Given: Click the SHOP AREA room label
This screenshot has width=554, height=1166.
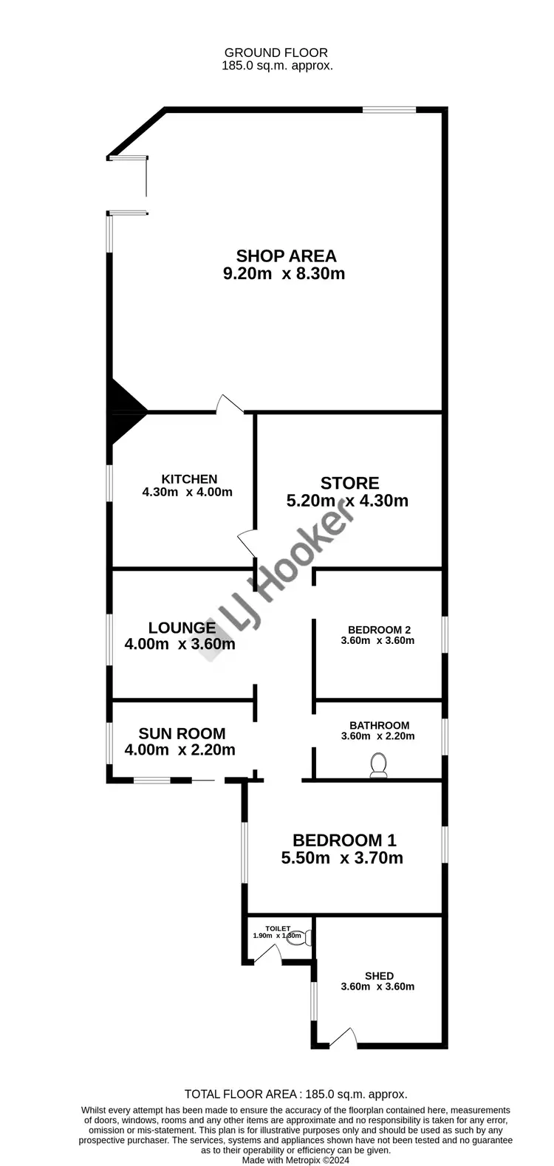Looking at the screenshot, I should pyautogui.click(x=286, y=256).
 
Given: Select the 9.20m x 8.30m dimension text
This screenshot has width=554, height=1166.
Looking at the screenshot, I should pyautogui.click(x=284, y=274).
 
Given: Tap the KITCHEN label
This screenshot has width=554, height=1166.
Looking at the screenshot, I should pyautogui.click(x=189, y=479).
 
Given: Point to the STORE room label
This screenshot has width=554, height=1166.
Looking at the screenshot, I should pyautogui.click(x=349, y=483).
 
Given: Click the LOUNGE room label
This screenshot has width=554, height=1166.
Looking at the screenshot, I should pyautogui.click(x=182, y=628).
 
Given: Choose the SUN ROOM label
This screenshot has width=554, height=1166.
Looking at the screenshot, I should pyautogui.click(x=182, y=733).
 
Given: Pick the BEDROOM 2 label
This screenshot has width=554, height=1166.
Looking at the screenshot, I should pyautogui.click(x=379, y=630).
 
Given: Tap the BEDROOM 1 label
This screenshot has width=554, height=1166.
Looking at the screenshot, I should pyautogui.click(x=344, y=840).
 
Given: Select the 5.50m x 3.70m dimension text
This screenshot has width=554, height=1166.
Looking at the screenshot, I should pyautogui.click(x=342, y=858).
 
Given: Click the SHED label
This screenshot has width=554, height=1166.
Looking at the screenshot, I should pyautogui.click(x=379, y=975).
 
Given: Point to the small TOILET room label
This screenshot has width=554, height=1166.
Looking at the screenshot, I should pyautogui.click(x=278, y=929).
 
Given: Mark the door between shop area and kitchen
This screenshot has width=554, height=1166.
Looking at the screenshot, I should pyautogui.click(x=230, y=404).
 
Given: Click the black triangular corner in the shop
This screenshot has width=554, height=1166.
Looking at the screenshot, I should pyautogui.click(x=123, y=412).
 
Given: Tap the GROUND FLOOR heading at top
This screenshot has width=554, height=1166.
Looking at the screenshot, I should pyautogui.click(x=276, y=52).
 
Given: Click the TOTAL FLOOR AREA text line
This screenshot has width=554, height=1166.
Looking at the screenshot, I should pyautogui.click(x=295, y=1094).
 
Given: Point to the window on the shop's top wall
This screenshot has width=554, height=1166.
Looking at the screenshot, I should pyautogui.click(x=389, y=110).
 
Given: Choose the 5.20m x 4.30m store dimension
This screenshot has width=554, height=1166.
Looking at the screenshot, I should pyautogui.click(x=347, y=501).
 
